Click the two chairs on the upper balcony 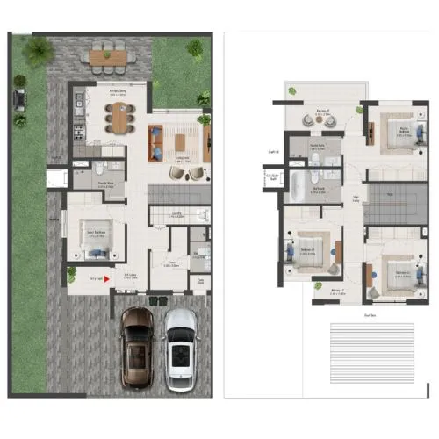tap(304, 99)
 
